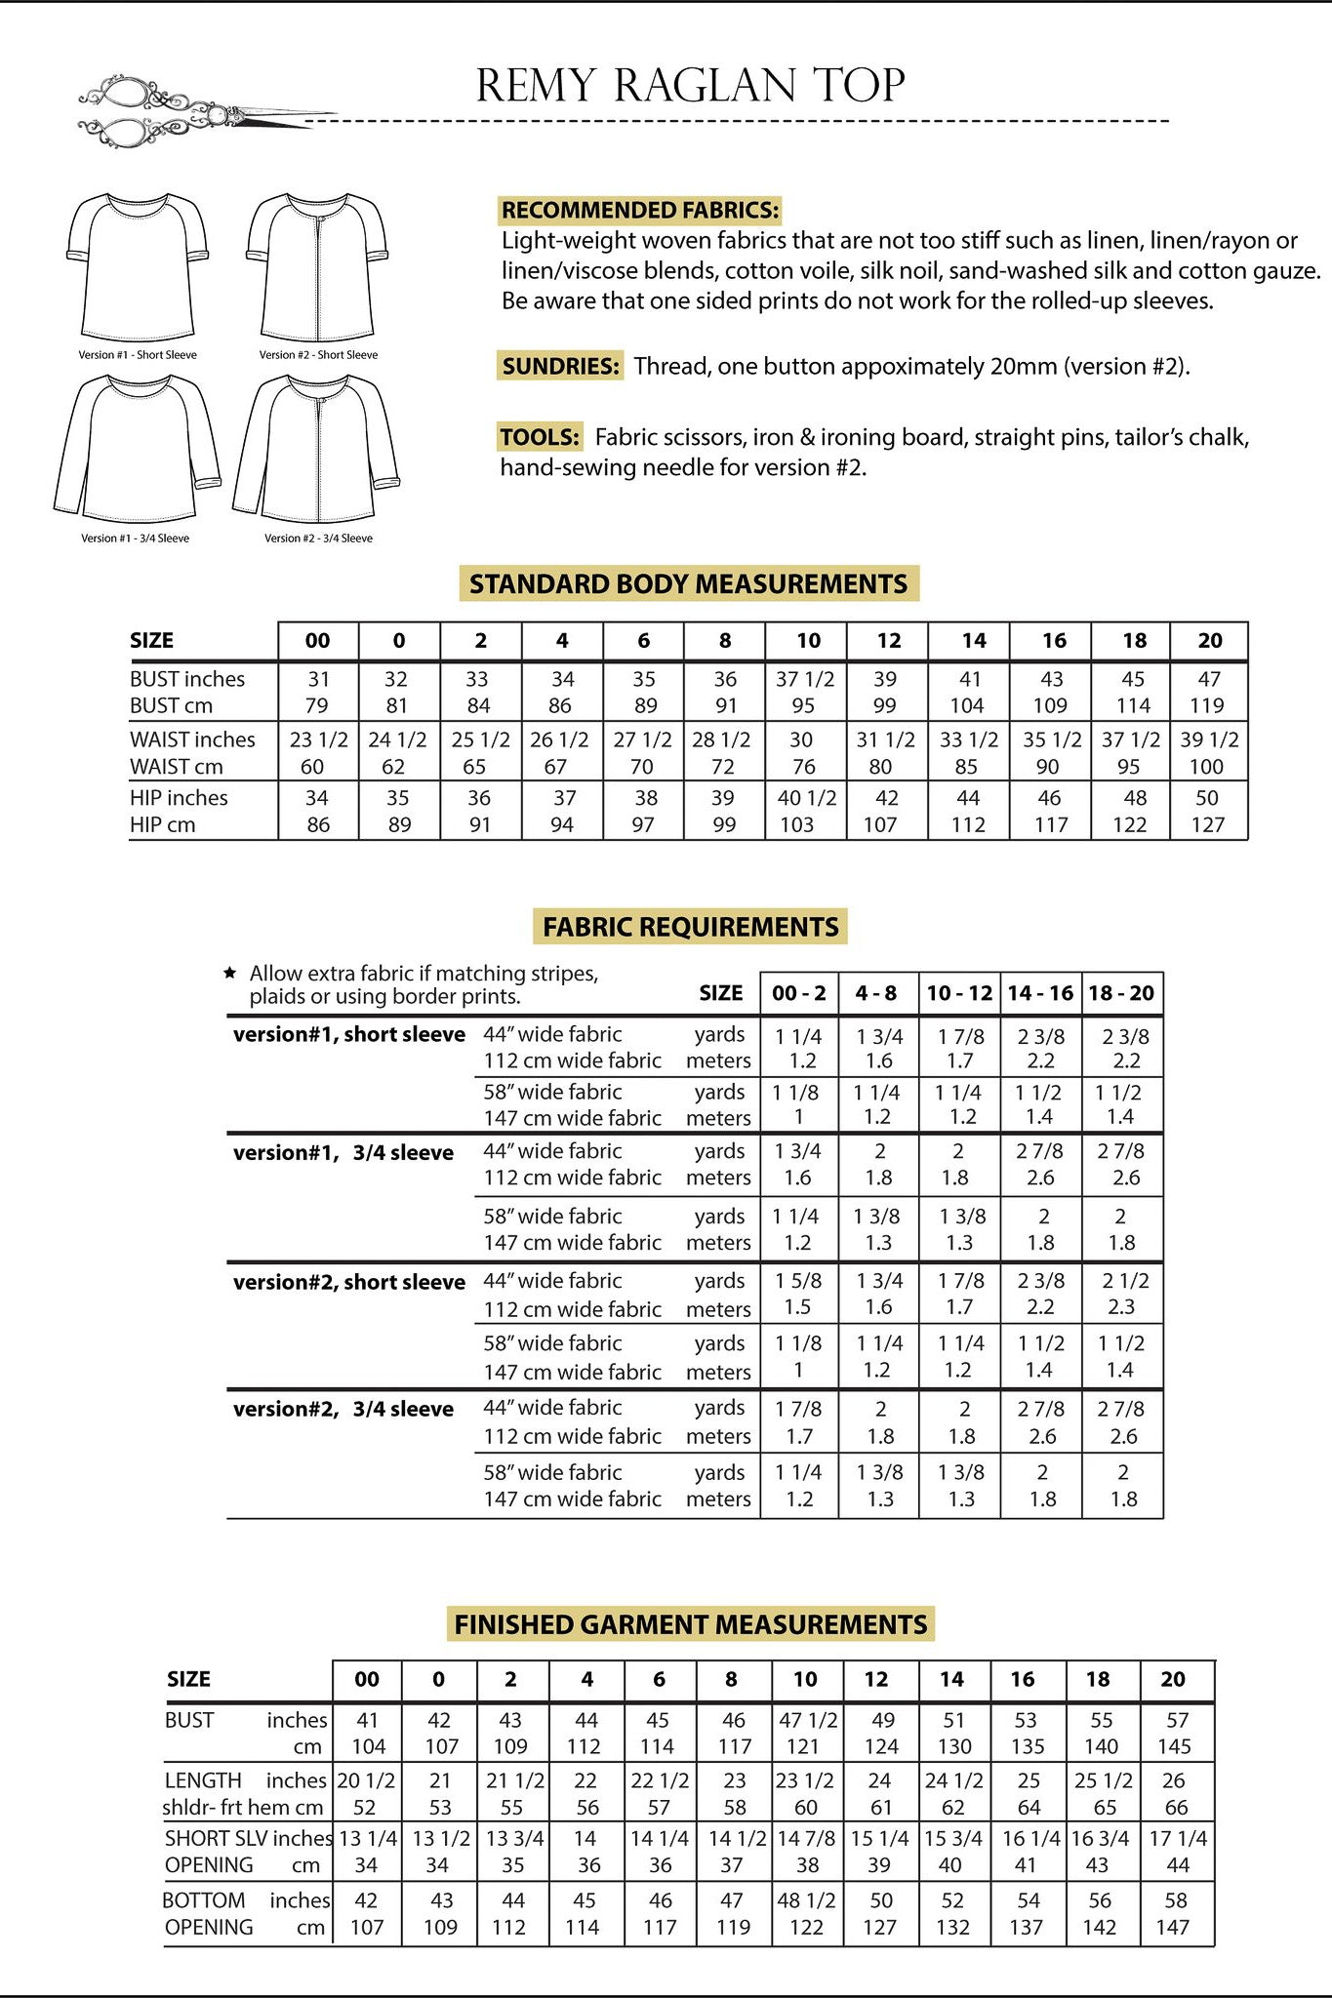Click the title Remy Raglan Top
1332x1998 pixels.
tap(690, 86)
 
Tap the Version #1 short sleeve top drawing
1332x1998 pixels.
tap(138, 266)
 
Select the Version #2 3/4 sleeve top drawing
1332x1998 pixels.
tap(317, 450)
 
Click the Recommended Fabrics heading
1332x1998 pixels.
tap(640, 210)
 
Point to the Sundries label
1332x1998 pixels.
tap(560, 366)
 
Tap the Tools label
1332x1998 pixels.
tap(540, 436)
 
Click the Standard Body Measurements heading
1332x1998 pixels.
tap(689, 583)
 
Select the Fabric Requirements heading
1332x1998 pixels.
tap(690, 926)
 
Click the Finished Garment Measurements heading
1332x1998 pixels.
tap(690, 1624)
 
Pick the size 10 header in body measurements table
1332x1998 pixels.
tap(808, 641)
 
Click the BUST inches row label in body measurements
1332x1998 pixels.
tap(187, 679)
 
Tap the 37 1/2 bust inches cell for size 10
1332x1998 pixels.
tap(805, 679)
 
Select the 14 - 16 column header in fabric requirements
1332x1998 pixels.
tap(1040, 993)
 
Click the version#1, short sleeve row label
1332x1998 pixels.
tap(348, 1034)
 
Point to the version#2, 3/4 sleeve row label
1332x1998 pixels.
tap(343, 1409)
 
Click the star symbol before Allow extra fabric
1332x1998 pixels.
tap(230, 973)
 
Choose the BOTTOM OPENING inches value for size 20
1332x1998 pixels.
tap(1175, 1900)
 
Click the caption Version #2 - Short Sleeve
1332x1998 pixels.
tap(318, 355)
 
